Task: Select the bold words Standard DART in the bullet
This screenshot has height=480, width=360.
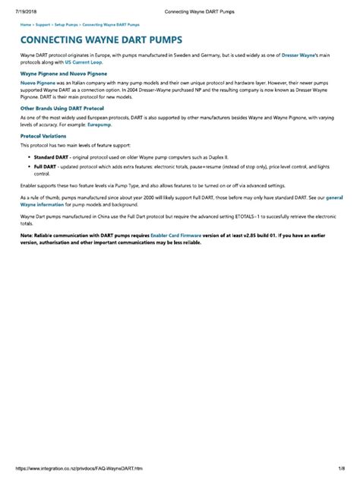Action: click(49, 156)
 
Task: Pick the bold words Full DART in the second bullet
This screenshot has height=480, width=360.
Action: click(44, 166)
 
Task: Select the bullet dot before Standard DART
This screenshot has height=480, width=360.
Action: click(27, 156)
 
